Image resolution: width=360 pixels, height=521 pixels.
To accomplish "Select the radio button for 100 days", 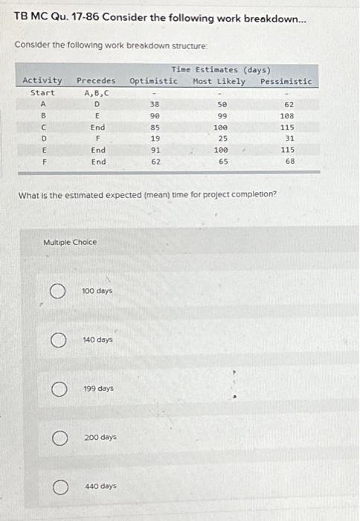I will pyautogui.click(x=56, y=291).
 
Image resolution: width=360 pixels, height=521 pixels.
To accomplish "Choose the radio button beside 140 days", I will pyautogui.click(x=56, y=340).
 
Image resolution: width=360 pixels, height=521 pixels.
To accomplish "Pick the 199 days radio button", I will pyautogui.click(x=56, y=389).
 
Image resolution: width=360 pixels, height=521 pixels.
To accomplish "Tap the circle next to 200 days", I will pyautogui.click(x=56, y=438).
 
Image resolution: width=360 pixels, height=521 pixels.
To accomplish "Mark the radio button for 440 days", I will pyautogui.click(x=56, y=487).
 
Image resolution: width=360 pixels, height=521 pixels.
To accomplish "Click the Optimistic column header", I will pyautogui.click(x=153, y=81).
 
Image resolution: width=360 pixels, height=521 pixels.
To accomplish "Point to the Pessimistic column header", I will pyautogui.click(x=286, y=81).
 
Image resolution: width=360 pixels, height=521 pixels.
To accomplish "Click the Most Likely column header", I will pyautogui.click(x=219, y=81).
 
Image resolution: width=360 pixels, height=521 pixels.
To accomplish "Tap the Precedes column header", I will pyautogui.click(x=96, y=81).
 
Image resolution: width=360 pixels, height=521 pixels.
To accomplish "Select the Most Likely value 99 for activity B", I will pyautogui.click(x=222, y=116).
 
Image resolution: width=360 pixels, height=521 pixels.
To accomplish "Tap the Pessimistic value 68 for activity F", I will pyautogui.click(x=289, y=161).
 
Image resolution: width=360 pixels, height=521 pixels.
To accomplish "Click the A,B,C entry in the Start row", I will pyautogui.click(x=97, y=93).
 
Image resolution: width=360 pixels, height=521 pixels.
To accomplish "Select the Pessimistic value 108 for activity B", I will pyautogui.click(x=287, y=116).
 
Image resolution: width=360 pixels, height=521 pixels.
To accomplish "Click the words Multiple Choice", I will pyautogui.click(x=71, y=243).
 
